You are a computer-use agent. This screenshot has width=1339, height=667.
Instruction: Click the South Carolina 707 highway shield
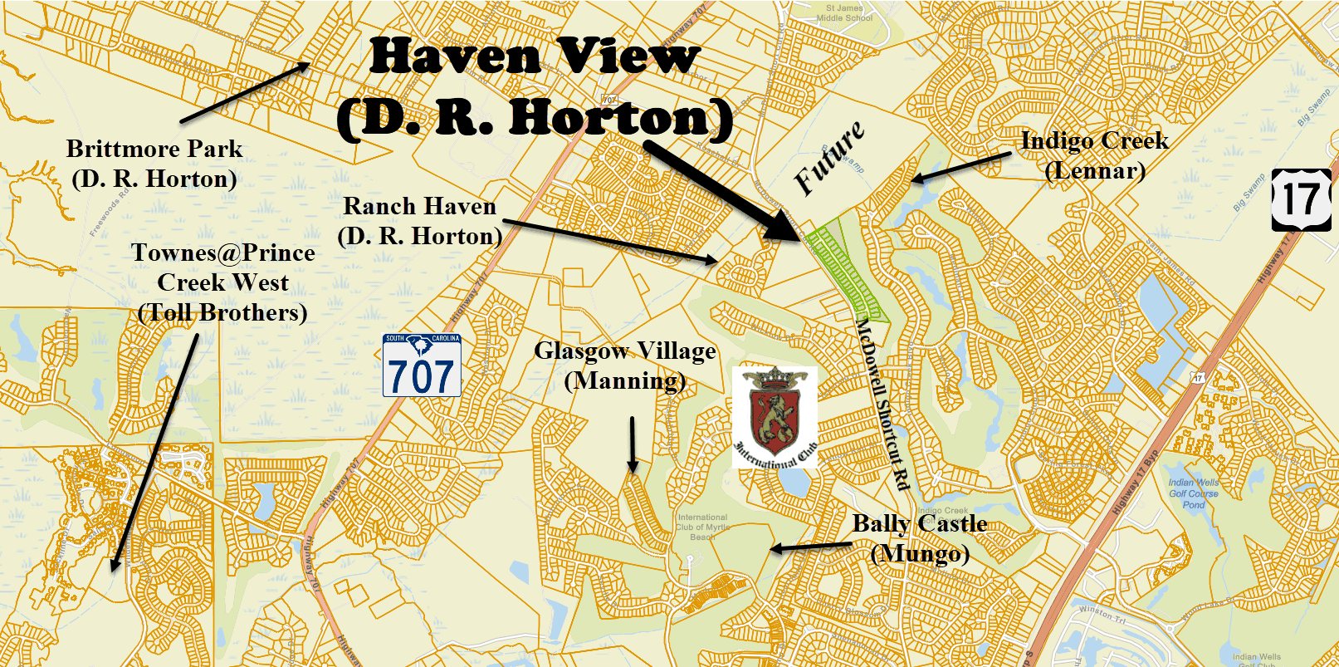(422, 365)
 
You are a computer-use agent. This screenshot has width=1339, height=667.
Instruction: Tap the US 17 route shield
(1301, 200)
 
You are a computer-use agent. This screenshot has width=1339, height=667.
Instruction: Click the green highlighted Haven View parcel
(847, 270)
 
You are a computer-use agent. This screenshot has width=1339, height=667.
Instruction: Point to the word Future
(829, 159)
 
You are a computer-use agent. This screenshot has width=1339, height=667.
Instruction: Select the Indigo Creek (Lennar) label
(1094, 155)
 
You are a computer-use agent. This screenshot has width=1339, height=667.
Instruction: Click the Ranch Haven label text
(420, 221)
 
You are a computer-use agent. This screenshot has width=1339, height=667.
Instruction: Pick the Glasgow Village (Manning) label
(625, 365)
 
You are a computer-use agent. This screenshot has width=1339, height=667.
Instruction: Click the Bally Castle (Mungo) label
(920, 538)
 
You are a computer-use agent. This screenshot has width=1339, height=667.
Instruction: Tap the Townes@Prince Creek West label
(223, 282)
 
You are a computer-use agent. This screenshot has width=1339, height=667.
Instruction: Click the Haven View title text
(535, 87)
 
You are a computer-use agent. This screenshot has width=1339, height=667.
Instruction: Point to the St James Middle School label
(844, 12)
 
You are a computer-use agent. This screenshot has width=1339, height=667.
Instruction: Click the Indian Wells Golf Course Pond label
(1194, 493)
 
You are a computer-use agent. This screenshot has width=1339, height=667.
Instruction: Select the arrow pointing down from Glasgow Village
(633, 445)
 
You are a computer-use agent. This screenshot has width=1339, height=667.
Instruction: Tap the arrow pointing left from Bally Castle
(810, 547)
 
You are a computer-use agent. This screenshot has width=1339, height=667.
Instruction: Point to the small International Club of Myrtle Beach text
(702, 527)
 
